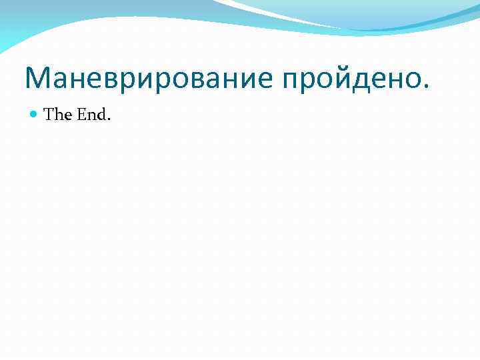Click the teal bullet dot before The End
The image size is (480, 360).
pyautogui.click(x=35, y=115)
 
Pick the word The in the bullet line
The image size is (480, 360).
pyautogui.click(x=58, y=115)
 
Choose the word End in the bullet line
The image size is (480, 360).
pyautogui.click(x=92, y=115)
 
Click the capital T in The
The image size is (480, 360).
pyautogui.click(x=49, y=115)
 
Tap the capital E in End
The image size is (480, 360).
pyautogui.click(x=82, y=115)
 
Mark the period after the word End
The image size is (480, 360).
pyautogui.click(x=109, y=120)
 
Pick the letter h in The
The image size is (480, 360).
pyautogui.click(x=58, y=115)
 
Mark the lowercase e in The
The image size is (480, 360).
pyautogui.click(x=67, y=117)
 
